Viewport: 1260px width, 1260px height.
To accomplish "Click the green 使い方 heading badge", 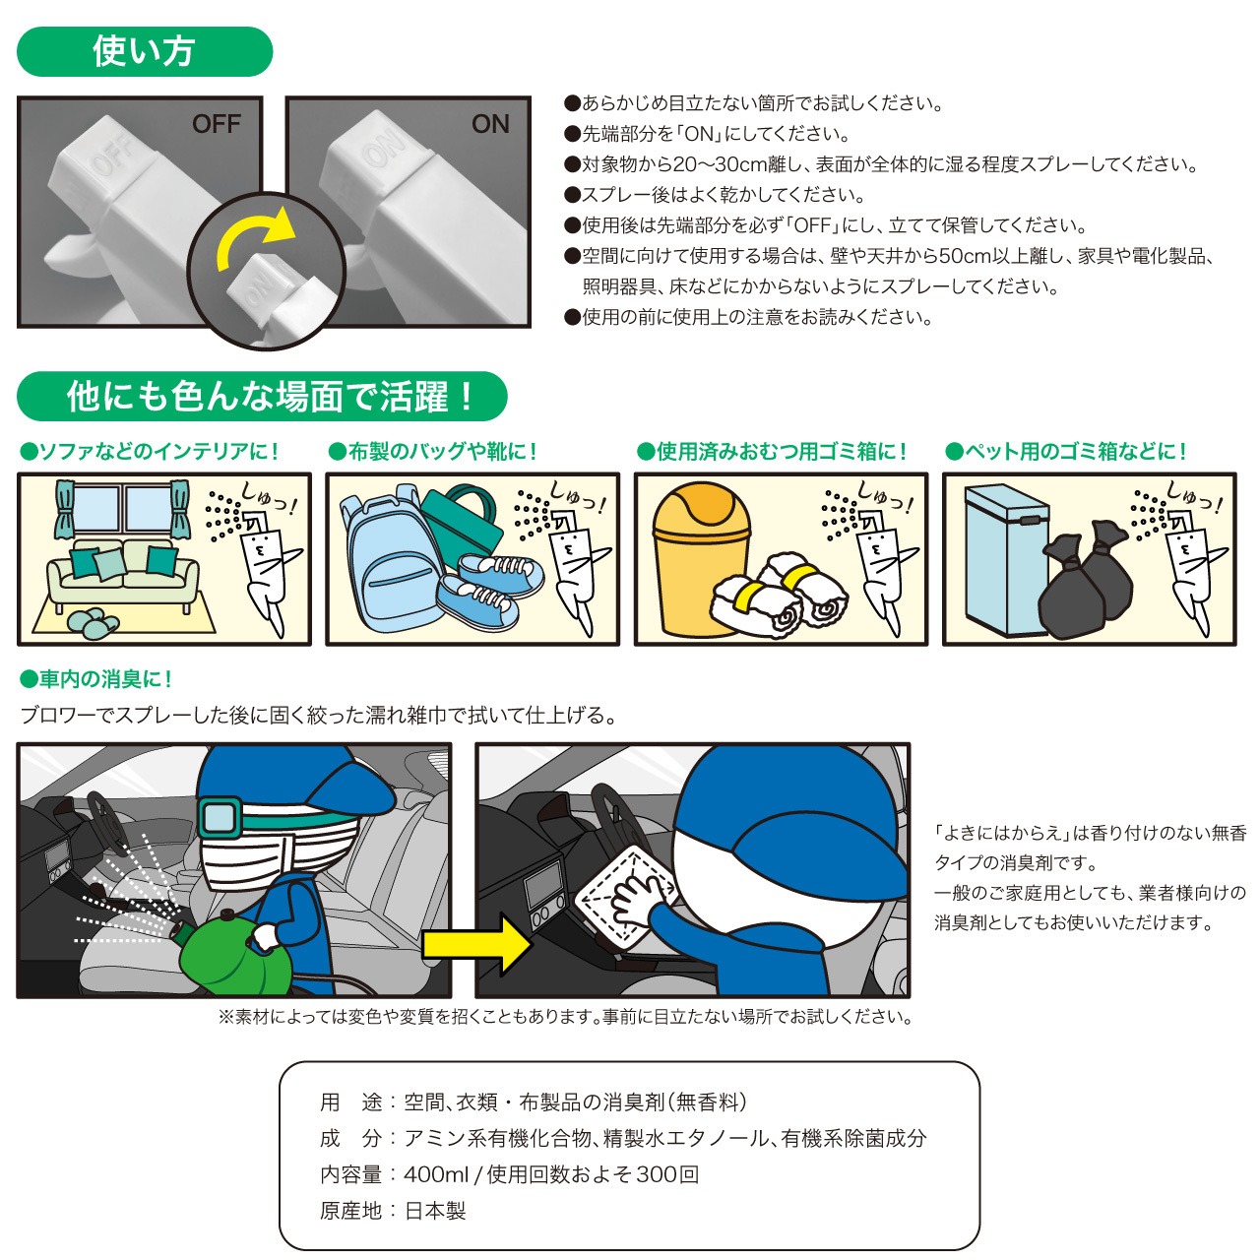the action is pyautogui.click(x=145, y=51).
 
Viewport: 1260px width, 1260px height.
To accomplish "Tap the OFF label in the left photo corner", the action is pyautogui.click(x=217, y=124).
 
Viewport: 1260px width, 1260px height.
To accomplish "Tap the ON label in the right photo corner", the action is pyautogui.click(x=490, y=124).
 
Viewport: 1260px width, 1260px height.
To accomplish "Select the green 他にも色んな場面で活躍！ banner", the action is pyautogui.click(x=262, y=397).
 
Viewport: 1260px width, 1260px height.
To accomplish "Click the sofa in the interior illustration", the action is pyautogui.click(x=123, y=576).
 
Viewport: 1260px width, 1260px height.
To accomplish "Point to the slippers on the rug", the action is pyautogui.click(x=93, y=622).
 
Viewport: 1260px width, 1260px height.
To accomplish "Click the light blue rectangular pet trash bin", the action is pyautogui.click(x=1007, y=560).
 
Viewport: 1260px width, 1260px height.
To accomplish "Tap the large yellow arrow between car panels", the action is pyautogui.click(x=476, y=945).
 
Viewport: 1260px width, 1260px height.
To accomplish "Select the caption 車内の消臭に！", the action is pyautogui.click(x=96, y=679).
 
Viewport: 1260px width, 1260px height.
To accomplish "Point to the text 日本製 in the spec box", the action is pyautogui.click(x=435, y=1211).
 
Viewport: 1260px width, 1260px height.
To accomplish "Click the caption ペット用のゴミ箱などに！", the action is pyautogui.click(x=1066, y=451).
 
